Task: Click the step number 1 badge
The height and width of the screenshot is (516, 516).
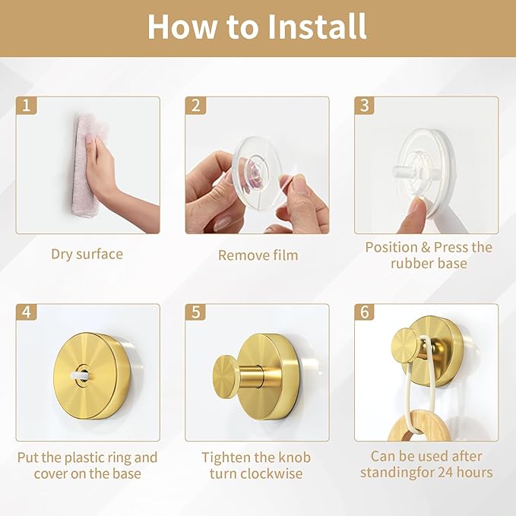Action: [27, 106]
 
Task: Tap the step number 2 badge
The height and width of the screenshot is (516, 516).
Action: [195, 106]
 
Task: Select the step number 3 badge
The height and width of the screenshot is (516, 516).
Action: [365, 106]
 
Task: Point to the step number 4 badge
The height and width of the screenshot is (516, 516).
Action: [27, 312]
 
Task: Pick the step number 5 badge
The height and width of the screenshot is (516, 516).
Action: [195, 312]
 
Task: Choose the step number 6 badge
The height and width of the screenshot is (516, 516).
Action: [365, 312]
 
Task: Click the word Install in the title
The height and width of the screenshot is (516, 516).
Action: [317, 27]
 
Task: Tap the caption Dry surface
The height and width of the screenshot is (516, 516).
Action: [87, 255]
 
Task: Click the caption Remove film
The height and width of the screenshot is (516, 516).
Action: [258, 255]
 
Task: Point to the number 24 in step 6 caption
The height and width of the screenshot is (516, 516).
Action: [445, 473]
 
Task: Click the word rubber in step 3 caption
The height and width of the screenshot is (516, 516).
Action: [410, 263]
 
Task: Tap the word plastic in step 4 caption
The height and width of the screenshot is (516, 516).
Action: [87, 458]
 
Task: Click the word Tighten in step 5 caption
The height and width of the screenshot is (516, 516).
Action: [223, 458]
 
